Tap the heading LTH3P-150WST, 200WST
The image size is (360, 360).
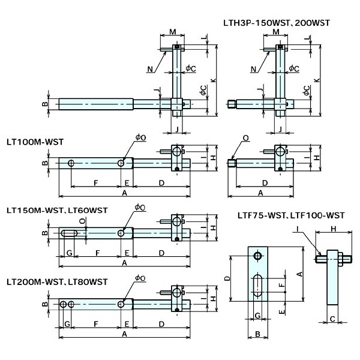click(x=275, y=22)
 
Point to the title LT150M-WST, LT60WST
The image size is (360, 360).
click(x=57, y=211)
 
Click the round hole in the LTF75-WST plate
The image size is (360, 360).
click(x=257, y=257)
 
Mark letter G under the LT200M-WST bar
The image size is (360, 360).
click(x=68, y=324)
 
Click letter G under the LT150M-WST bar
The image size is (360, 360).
click(x=70, y=254)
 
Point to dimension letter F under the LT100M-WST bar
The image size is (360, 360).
click(x=95, y=182)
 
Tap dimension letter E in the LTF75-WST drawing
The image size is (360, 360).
click(x=283, y=313)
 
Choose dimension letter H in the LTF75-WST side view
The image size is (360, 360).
click(x=334, y=228)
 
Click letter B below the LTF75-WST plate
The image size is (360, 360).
click(x=257, y=335)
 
